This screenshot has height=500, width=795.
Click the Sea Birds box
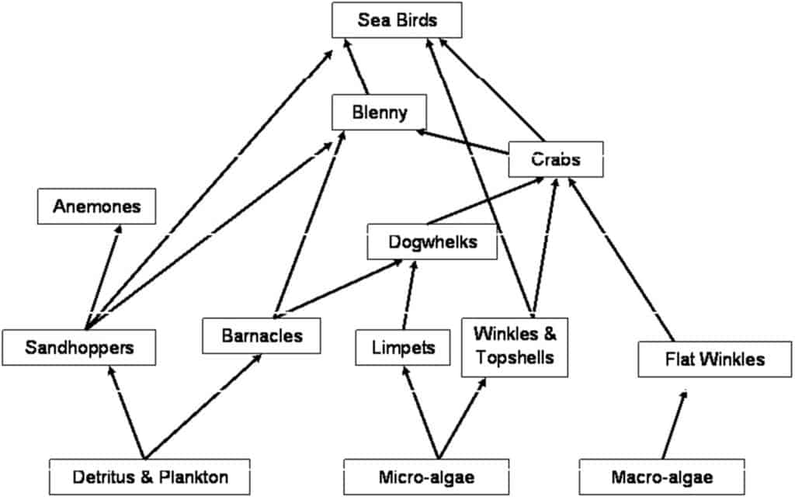[397, 19]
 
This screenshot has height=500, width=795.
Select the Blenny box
[379, 112]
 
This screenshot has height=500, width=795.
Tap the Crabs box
[556, 159]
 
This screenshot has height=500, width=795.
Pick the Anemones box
[96, 207]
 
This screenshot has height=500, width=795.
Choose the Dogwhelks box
[432, 242]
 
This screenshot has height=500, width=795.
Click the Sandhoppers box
[79, 347]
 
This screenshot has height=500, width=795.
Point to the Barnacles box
[262, 335]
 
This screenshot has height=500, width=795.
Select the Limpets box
[403, 347]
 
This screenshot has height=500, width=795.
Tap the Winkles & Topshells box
[515, 347]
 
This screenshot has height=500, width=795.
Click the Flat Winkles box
[715, 359]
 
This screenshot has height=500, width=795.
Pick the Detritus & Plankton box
[150, 477]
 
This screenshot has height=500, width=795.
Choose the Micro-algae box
[426, 477]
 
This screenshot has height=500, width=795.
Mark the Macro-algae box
[662, 477]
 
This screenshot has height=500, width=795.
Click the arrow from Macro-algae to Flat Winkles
[675, 425]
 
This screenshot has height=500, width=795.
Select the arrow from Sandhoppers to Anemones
[103, 277]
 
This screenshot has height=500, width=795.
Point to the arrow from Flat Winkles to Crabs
[621, 259]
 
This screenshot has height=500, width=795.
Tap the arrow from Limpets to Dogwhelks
[409, 295]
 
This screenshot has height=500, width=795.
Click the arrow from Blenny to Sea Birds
[356, 67]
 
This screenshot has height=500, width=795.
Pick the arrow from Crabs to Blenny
[462, 141]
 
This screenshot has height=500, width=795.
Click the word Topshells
[515, 358]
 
